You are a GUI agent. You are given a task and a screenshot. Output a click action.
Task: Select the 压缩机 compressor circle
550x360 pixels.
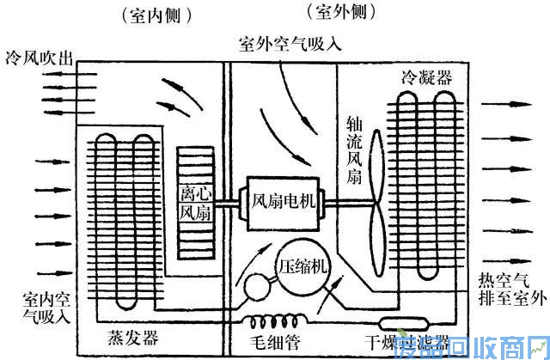coord(302,265)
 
